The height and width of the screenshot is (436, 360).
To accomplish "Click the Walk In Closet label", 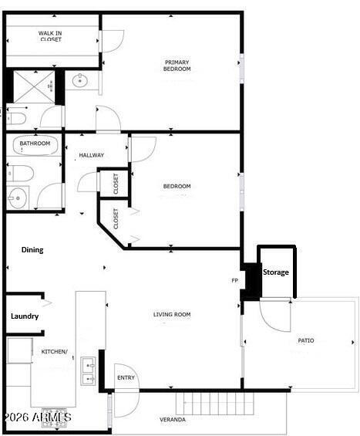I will pos(51,36).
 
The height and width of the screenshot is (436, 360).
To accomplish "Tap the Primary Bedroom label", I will pos(177,66).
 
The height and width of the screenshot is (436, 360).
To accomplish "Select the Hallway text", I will pos(91,155).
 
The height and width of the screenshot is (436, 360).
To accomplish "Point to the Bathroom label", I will pos(35,144).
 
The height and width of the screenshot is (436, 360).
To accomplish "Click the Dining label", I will pos(32,250).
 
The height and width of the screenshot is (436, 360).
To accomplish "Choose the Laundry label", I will pos(25,316).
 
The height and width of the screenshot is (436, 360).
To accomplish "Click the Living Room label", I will pos(171,314).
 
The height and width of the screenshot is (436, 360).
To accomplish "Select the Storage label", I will pos(276,272).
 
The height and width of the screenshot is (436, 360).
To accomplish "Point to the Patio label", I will pos(305,340).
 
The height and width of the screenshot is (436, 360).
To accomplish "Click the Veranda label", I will pos(172,420).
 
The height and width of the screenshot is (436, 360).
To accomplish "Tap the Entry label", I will pos(126,377).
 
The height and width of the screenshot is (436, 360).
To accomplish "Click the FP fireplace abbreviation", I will pos(234,281).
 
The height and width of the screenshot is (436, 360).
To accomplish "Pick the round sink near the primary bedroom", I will pos(80,80).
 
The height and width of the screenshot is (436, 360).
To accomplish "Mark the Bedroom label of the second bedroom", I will pos(177,186).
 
